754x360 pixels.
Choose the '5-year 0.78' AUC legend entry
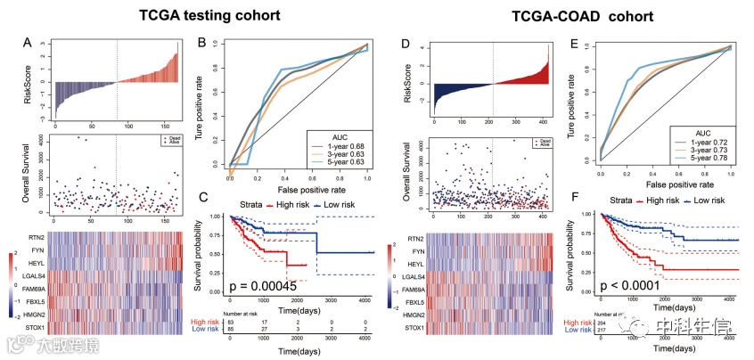[707, 157]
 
